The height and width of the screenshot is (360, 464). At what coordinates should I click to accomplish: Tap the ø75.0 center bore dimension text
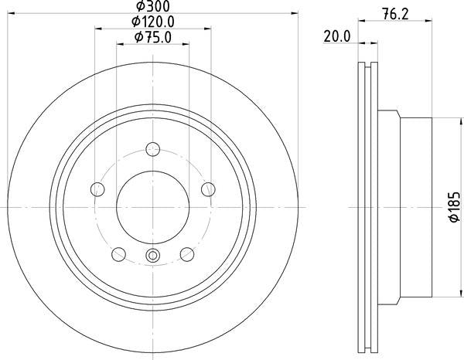tap(153, 36)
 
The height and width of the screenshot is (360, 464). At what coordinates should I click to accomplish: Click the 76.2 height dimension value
tap(394, 12)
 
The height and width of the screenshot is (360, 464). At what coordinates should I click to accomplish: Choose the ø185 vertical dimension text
tap(455, 207)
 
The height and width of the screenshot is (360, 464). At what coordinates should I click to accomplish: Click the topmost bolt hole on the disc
tap(152, 150)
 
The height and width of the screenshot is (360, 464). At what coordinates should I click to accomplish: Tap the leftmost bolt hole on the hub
tap(97, 188)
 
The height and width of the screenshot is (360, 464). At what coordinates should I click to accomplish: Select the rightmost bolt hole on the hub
tap(207, 188)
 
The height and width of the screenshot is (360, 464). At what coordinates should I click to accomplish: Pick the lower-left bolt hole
tap(118, 253)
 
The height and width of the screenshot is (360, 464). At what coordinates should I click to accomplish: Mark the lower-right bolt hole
tap(186, 253)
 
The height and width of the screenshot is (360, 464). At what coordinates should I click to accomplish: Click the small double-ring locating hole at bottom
tap(152, 257)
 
